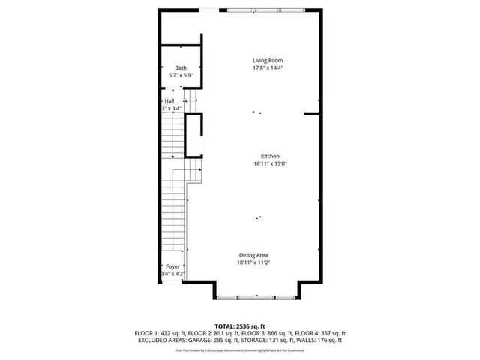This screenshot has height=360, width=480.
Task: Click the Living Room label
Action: [267, 60]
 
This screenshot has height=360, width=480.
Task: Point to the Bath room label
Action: [181, 68]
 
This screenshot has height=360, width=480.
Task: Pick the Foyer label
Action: [172, 266]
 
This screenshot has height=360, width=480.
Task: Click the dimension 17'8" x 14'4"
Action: [267, 67]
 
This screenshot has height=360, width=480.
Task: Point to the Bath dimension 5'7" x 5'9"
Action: [181, 76]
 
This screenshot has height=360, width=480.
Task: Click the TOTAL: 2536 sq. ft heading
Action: [240, 326]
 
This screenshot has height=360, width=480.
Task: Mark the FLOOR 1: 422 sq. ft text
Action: [160, 333]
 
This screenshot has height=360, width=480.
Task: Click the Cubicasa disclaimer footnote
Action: [240, 350]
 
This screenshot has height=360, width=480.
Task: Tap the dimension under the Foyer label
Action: [172, 274]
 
